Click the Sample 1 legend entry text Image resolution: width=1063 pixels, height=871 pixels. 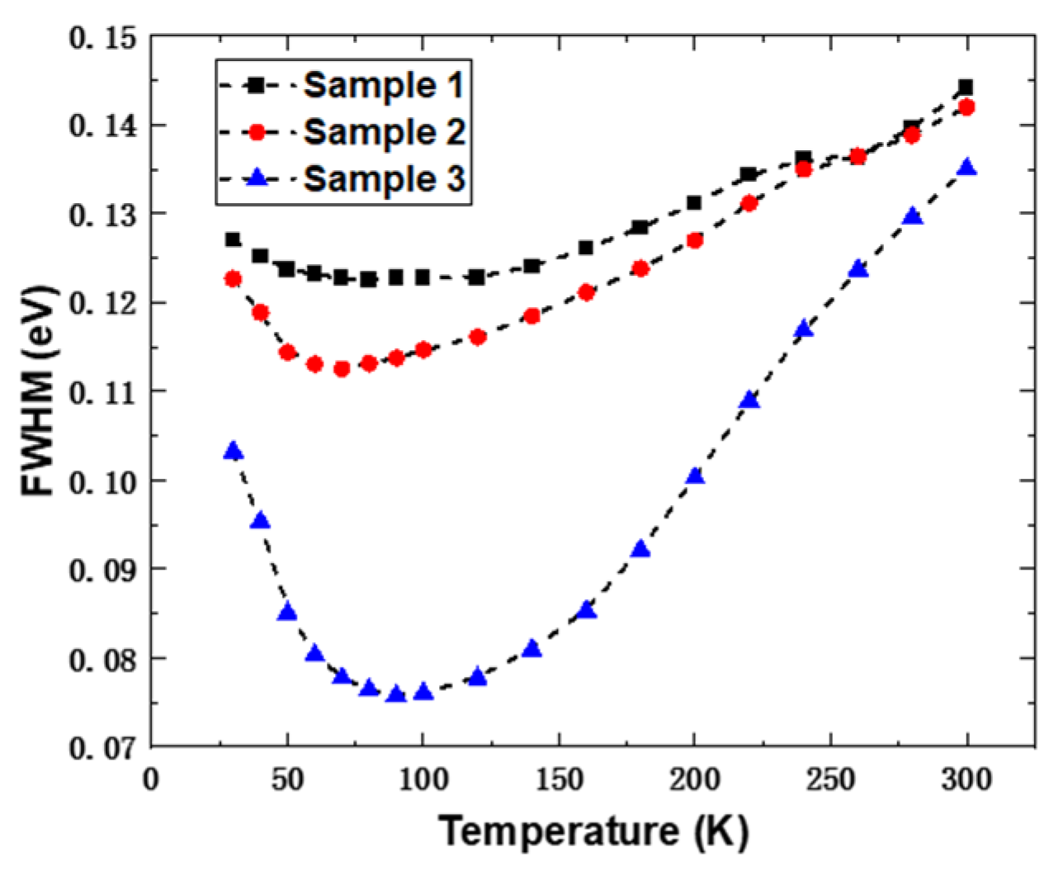(x=384, y=85)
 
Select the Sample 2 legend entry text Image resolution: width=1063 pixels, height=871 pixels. (x=384, y=132)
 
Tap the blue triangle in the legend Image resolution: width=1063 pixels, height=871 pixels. (x=257, y=178)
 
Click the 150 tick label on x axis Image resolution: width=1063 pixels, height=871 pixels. (x=559, y=779)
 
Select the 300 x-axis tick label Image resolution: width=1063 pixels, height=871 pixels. (x=966, y=779)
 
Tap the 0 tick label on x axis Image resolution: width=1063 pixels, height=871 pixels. (x=151, y=779)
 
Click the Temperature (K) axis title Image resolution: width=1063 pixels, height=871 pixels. (x=593, y=831)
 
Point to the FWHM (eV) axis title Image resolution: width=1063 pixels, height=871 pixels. (x=39, y=391)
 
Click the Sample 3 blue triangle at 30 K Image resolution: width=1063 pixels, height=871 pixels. (x=233, y=451)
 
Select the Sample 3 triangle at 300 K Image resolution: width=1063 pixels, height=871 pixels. (x=966, y=168)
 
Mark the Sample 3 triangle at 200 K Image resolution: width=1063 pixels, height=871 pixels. (x=695, y=476)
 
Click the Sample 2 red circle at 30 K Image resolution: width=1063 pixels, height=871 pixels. (x=233, y=279)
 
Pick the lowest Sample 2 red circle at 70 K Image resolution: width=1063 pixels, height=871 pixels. (x=342, y=369)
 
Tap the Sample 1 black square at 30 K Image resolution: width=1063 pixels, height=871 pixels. (x=233, y=239)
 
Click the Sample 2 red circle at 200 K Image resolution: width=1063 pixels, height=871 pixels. (x=695, y=240)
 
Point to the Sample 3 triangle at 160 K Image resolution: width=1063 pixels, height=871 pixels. (x=586, y=610)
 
